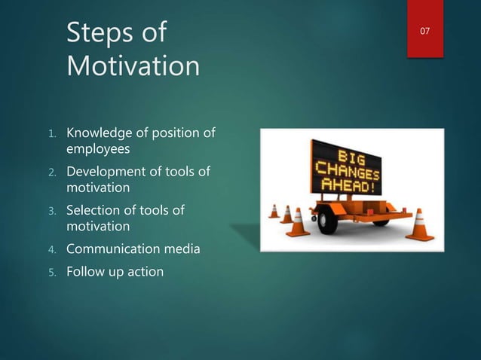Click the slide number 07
click(425, 31)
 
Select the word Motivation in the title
click(133, 66)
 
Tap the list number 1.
click(53, 135)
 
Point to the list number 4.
click(53, 249)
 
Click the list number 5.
click(53, 273)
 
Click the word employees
click(98, 149)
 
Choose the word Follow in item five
click(86, 271)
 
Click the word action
click(144, 271)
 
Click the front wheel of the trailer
click(328, 221)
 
